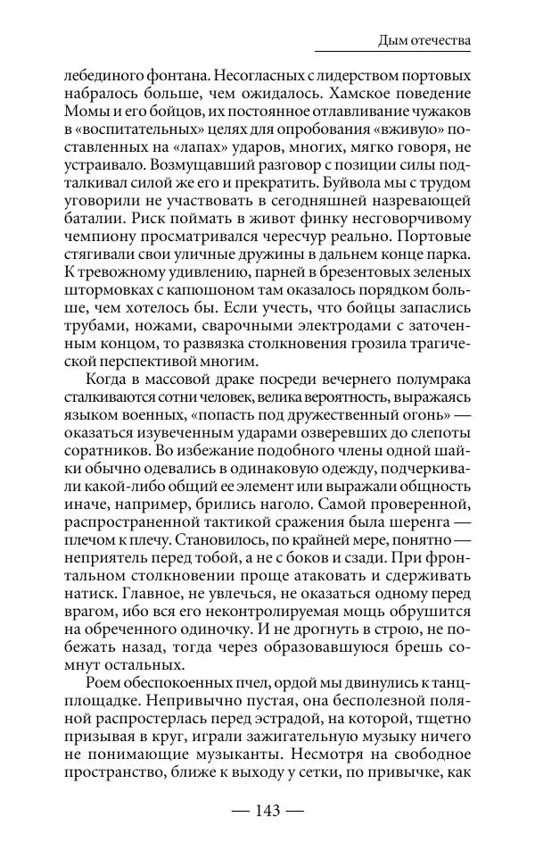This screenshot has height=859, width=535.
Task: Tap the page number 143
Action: [267, 810]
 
